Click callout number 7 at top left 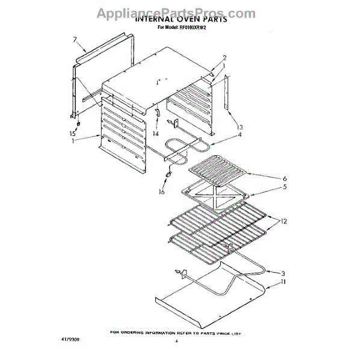[75, 40]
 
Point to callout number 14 [155, 133]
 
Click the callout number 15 [73, 133]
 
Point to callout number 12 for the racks [283, 222]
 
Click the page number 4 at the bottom [177, 341]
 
